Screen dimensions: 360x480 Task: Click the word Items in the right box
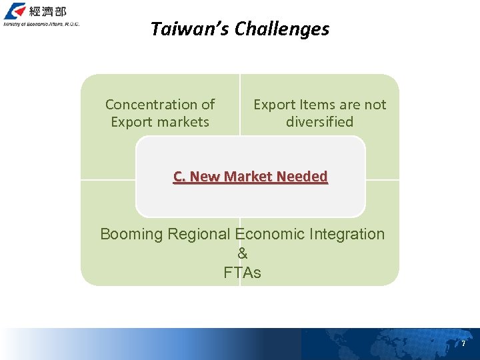point(320,105)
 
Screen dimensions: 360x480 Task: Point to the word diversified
point(319,122)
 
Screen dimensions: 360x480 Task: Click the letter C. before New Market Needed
point(179,177)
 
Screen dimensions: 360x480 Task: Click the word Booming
point(131,235)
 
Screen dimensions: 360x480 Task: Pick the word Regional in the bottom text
point(199,235)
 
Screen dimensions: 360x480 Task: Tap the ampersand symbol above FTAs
point(242,253)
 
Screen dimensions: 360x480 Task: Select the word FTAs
point(242,273)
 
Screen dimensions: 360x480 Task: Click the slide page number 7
point(463,344)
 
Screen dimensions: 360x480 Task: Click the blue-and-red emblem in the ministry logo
point(15,11)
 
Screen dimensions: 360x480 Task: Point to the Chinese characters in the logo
point(47,11)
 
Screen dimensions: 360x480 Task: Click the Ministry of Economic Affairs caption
point(41,24)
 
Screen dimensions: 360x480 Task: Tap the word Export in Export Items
point(273,105)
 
